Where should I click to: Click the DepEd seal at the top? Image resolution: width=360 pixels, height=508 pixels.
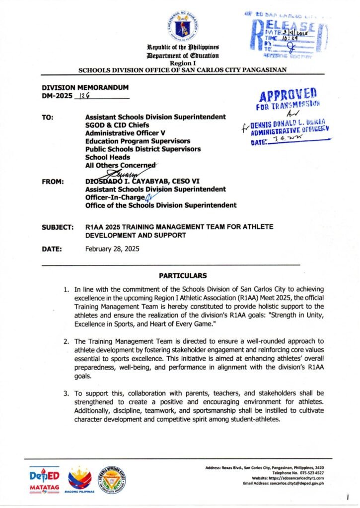coord(180,25)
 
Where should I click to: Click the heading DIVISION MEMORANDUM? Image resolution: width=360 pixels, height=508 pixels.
coord(78,87)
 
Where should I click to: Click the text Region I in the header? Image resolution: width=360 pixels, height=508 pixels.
coord(180,63)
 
